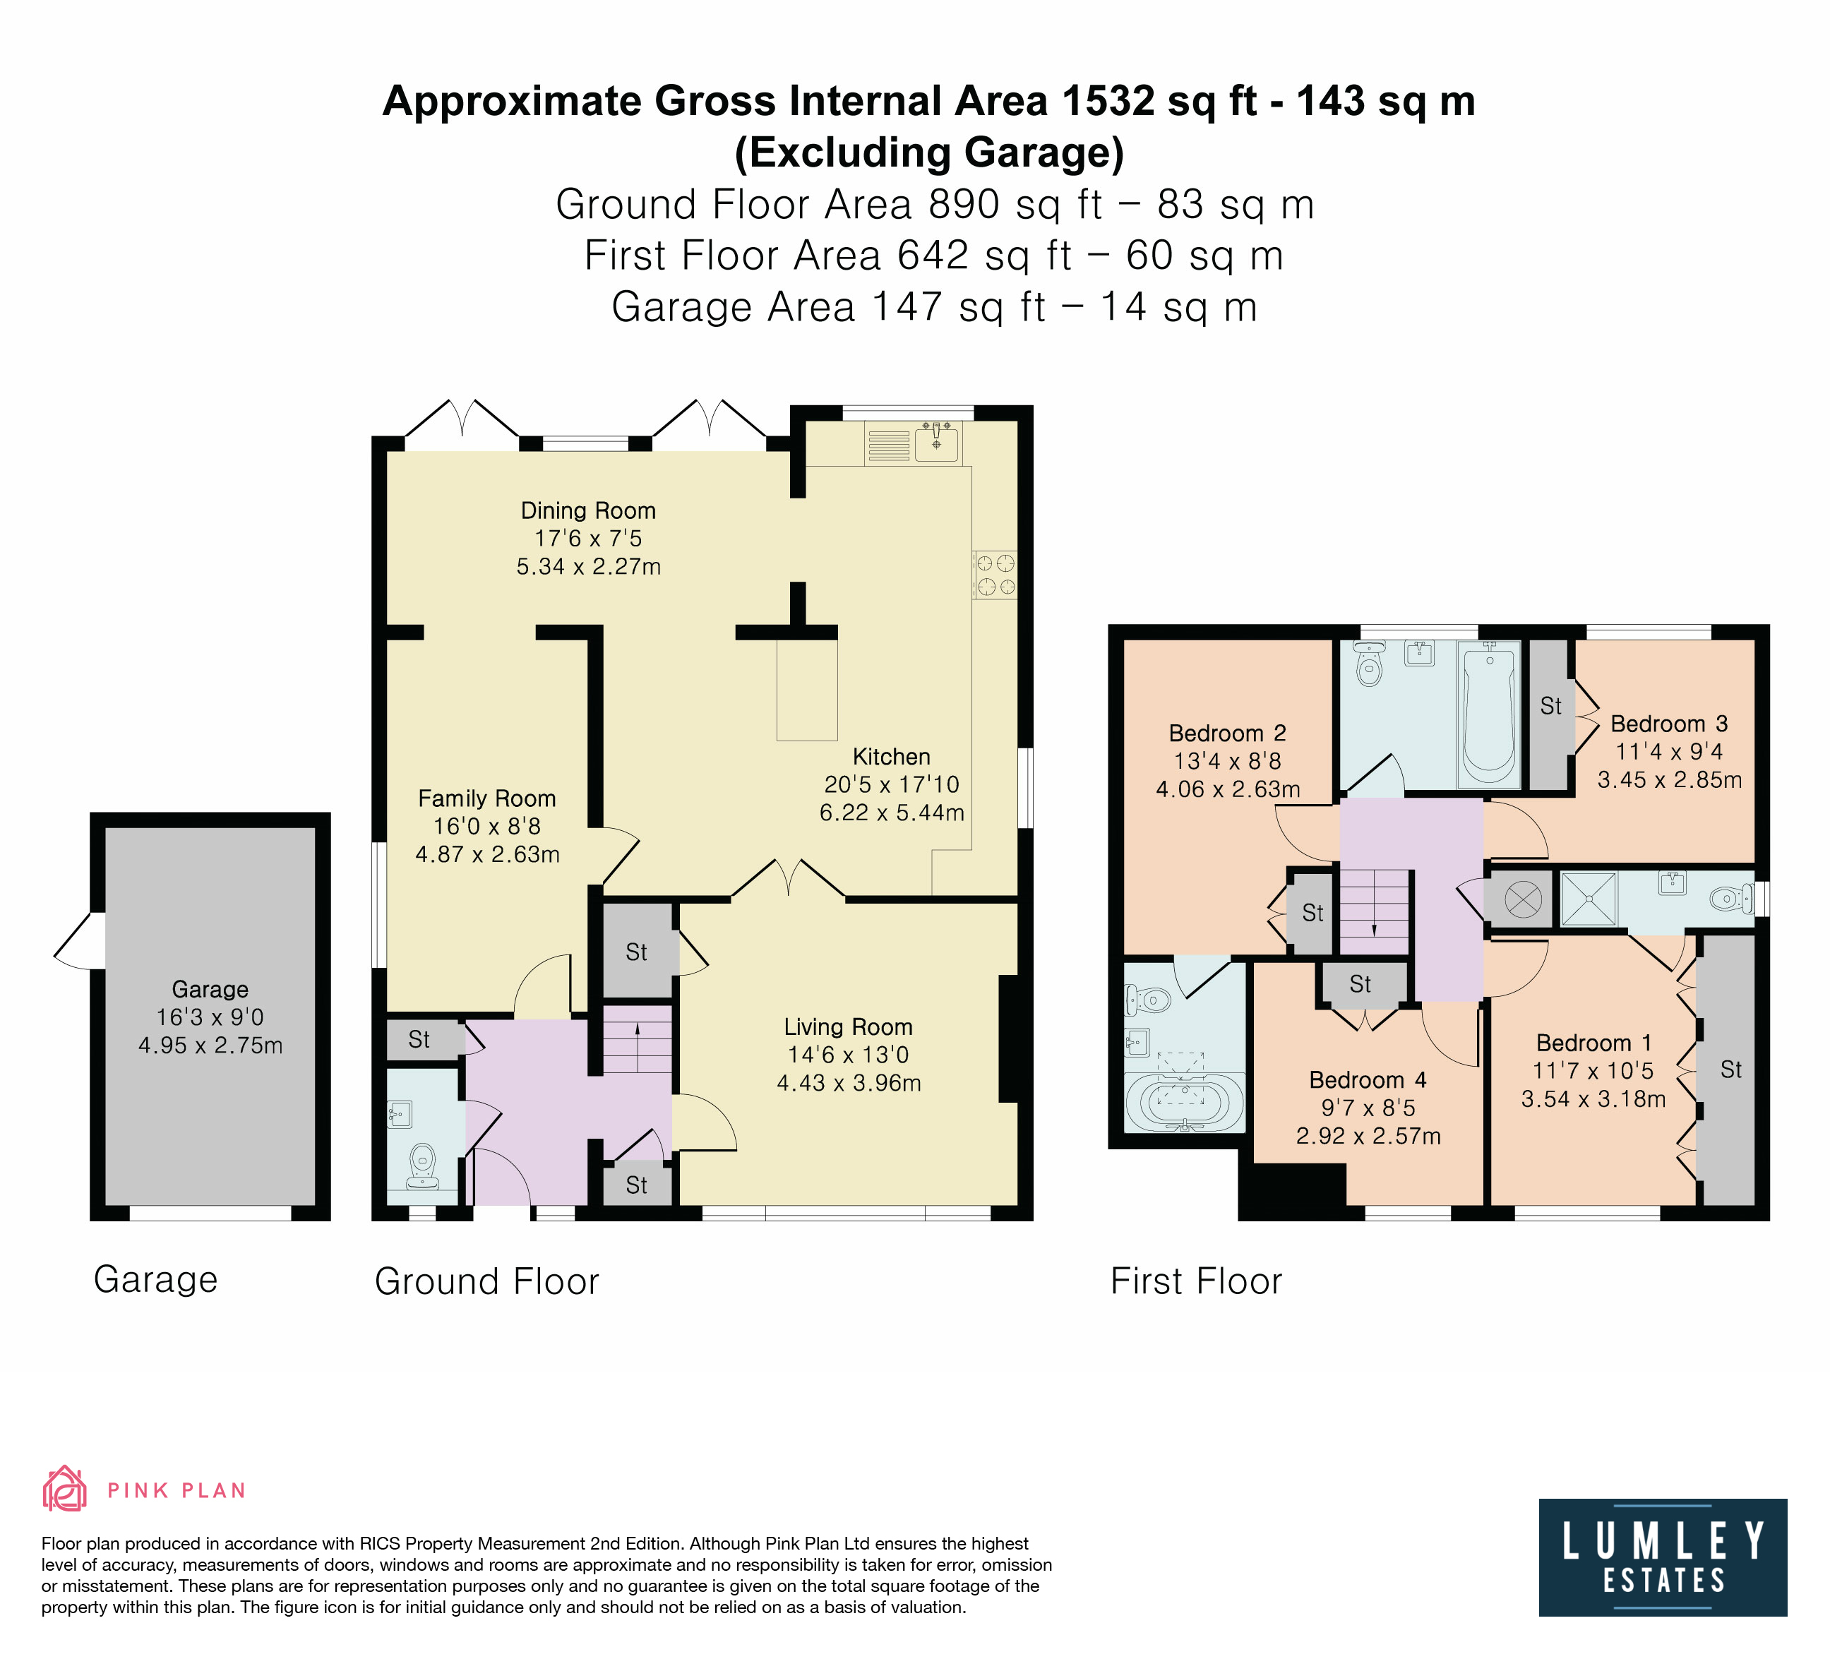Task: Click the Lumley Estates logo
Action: coord(1662,1557)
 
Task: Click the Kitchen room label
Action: coord(892,757)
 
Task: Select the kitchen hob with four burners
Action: coord(994,575)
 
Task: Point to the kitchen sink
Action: coord(937,442)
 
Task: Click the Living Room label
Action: coord(848,1026)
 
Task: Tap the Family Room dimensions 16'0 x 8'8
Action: coord(487,826)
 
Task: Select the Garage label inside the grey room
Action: coord(210,989)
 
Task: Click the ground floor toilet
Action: coord(422,1166)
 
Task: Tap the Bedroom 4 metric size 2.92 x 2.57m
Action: coord(1368,1135)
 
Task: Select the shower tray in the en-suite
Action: coord(1589,899)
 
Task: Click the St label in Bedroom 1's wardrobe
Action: coord(1731,1069)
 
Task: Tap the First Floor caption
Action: coord(1197,1281)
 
